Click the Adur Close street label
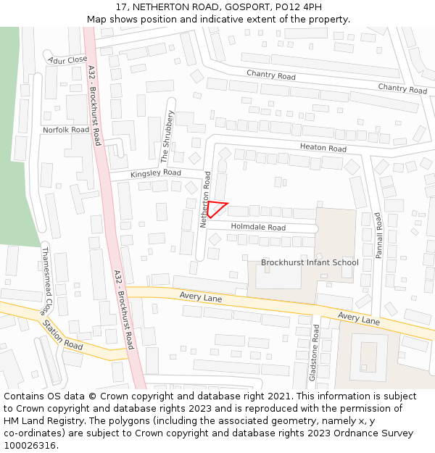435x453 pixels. click(68, 59)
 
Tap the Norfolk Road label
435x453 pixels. click(66, 130)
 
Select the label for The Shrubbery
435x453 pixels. click(167, 136)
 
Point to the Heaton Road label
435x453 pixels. click(323, 148)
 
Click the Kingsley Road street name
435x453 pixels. click(156, 173)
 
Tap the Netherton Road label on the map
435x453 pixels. click(205, 201)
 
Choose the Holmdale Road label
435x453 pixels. click(258, 227)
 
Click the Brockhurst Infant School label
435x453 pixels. click(310, 262)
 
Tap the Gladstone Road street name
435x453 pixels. click(315, 352)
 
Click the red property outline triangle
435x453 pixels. click(216, 209)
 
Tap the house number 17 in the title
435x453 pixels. click(122, 7)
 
